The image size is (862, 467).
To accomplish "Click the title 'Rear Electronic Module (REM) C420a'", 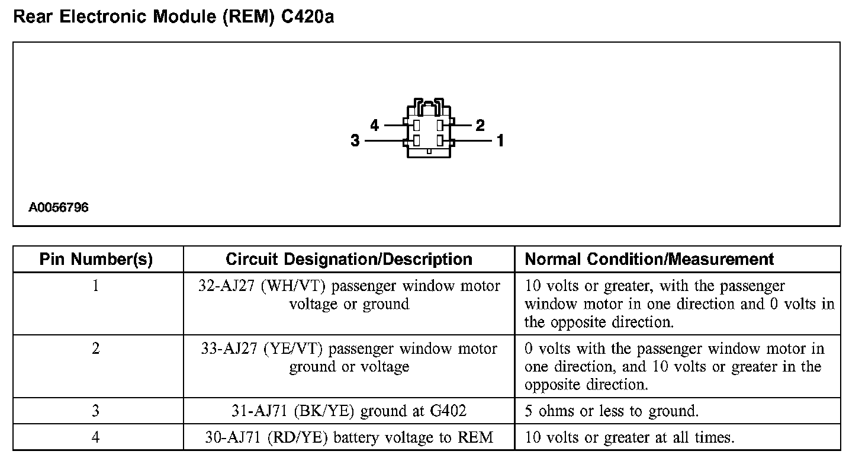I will click(173, 17).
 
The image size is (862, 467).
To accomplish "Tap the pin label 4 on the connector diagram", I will click(374, 125).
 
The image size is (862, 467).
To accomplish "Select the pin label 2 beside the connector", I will click(480, 125).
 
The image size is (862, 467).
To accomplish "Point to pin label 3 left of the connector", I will click(355, 141).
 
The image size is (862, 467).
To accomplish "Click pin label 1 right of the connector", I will click(500, 141).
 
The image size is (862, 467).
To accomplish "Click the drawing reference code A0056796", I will click(59, 208).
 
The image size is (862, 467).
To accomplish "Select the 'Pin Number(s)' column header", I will click(96, 260).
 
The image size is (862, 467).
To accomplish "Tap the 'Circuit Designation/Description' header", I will click(349, 260).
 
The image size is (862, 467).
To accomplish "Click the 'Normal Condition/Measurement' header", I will click(649, 260).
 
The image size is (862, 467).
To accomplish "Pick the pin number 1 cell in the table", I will click(96, 286).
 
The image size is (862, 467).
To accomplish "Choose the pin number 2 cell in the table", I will click(96, 348).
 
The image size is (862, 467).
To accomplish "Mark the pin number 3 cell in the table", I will click(96, 411).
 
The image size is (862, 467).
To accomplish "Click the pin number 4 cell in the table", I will click(96, 437).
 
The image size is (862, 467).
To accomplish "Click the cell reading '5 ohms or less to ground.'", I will click(612, 411).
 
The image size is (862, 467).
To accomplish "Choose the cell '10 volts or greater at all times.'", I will click(629, 437).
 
